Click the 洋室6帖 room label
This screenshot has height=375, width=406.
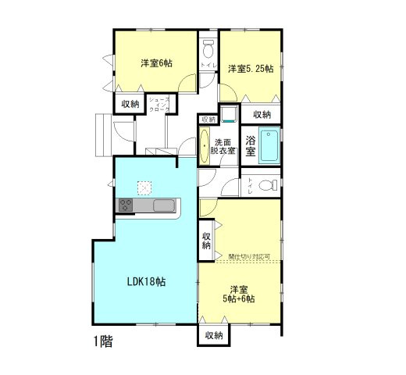tap(156, 63)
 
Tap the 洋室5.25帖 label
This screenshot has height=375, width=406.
tap(250, 69)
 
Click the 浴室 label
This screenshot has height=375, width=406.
tap(251, 145)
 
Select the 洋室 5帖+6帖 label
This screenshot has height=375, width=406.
tap(238, 291)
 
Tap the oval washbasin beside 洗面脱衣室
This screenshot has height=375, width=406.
tap(205, 147)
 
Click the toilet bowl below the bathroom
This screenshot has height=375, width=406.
tap(265, 186)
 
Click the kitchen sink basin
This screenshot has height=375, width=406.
tap(165, 205)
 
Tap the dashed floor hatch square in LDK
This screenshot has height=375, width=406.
tap(144, 187)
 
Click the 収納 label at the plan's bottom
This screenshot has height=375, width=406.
tap(213, 335)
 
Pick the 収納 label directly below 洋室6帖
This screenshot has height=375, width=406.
tap(130, 103)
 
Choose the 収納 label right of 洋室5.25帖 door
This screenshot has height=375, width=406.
tap(262, 114)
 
